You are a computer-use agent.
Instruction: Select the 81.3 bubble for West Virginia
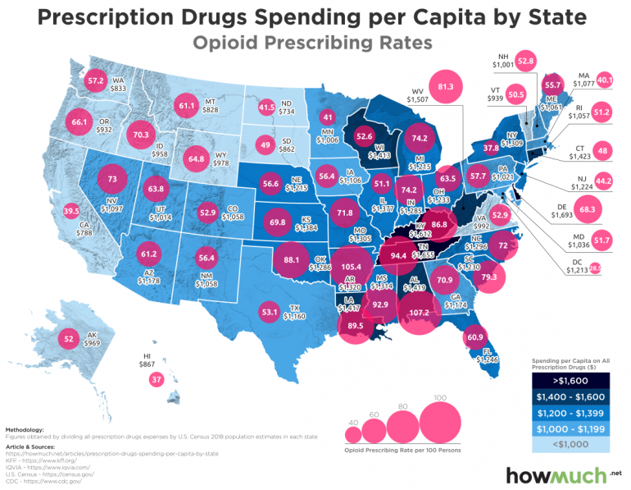coord(447,86)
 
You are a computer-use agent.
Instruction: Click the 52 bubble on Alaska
coord(68,338)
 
